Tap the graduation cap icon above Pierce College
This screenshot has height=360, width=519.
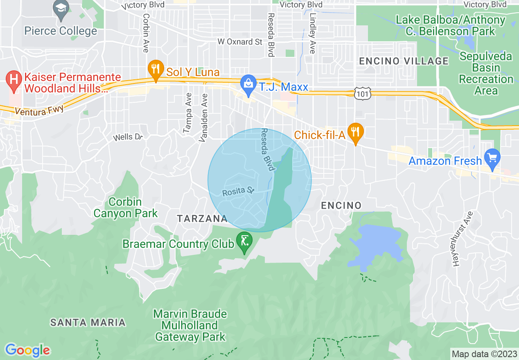coord(61,9)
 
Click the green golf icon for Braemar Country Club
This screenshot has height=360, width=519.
coord(244,241)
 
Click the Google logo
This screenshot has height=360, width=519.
coord(27,350)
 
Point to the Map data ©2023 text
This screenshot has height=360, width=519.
coord(483,353)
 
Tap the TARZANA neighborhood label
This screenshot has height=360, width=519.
coord(202,218)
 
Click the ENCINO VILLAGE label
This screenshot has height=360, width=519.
coord(404,61)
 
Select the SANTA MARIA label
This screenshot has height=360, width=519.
coord(88,322)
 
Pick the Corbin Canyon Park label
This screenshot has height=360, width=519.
coord(125,207)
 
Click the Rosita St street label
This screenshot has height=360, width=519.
coord(238,191)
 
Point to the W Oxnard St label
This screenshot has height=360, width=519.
coord(239,42)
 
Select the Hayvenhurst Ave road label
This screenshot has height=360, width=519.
coord(462,239)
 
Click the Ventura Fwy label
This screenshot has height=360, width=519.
coord(35,110)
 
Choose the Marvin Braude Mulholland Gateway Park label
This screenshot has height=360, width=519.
coord(190,326)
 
